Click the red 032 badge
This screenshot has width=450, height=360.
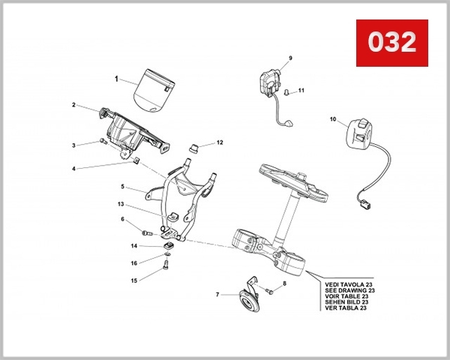[391, 42]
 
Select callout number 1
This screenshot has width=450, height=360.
[116, 78]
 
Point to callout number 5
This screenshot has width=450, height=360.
[122, 185]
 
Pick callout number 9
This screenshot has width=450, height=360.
[290, 58]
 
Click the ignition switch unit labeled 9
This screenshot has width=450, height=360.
[270, 82]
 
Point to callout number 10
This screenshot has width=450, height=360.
[333, 118]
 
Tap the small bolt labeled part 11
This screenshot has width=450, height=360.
[287, 92]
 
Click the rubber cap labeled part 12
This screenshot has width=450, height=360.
[193, 145]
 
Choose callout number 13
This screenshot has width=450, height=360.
[120, 204]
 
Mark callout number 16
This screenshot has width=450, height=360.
[133, 263]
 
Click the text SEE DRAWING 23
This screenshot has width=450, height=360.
[349, 291]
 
